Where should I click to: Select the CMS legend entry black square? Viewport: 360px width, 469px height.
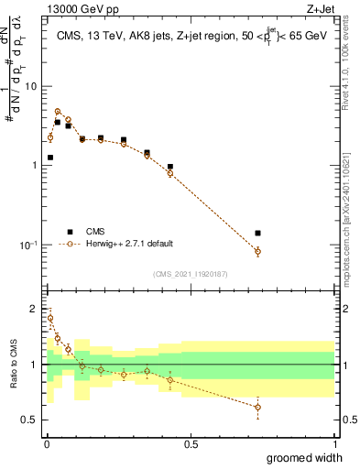pyautogui.click(x=69, y=232)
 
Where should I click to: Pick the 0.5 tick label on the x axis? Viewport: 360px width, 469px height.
pyautogui.click(x=191, y=444)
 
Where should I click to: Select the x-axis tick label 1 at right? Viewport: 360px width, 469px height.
pyautogui.click(x=334, y=444)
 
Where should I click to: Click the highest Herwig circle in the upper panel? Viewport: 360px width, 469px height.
pyautogui.click(x=58, y=112)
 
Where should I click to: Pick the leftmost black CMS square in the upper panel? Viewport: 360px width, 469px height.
pyautogui.click(x=50, y=158)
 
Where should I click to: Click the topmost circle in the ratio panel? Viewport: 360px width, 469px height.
pyautogui.click(x=50, y=319)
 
